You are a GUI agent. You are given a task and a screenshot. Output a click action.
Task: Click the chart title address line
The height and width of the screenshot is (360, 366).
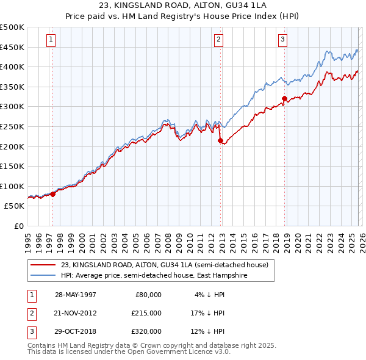pyautogui.click(x=183, y=5)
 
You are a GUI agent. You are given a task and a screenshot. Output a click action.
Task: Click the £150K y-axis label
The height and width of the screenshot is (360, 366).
pyautogui.click(x=12, y=166)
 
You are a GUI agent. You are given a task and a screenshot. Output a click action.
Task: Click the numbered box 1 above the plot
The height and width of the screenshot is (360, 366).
pyautogui.click(x=51, y=40)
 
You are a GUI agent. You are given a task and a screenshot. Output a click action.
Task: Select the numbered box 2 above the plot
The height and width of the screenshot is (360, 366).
pyautogui.click(x=218, y=40)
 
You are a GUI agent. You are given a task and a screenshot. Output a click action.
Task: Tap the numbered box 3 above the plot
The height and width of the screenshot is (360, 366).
pyautogui.click(x=283, y=40)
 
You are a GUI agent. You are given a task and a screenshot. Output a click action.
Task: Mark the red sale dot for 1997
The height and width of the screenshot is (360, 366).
pyautogui.click(x=52, y=194)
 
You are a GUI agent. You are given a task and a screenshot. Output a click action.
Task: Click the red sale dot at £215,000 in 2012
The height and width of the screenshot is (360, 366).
pyautogui.click(x=220, y=140)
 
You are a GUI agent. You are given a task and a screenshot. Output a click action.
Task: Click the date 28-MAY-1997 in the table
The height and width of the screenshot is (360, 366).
pyautogui.click(x=76, y=295)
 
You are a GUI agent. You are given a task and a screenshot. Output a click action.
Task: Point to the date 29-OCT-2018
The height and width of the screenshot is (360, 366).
pyautogui.click(x=76, y=331)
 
